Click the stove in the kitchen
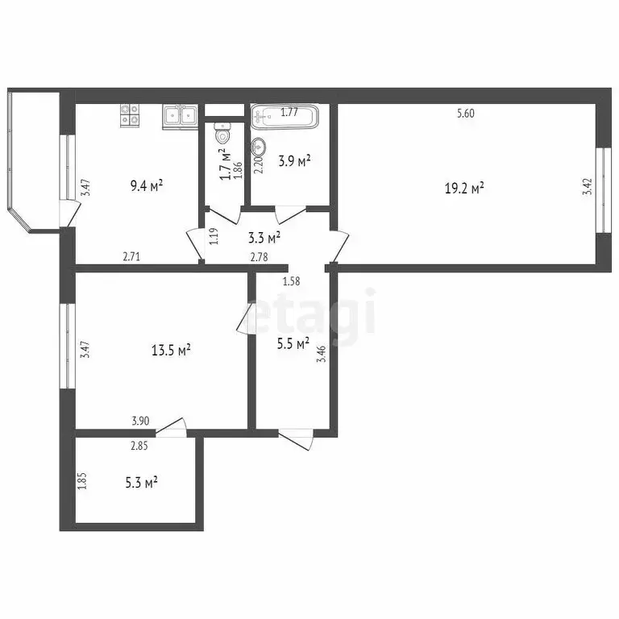(x=129, y=115)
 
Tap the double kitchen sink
(x=180, y=117)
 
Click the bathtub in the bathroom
(x=285, y=117)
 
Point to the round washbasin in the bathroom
(x=259, y=147)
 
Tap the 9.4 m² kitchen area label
(x=147, y=185)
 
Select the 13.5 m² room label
(x=171, y=350)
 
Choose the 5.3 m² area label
(x=141, y=482)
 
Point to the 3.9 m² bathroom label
(x=294, y=161)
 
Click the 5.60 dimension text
(x=466, y=114)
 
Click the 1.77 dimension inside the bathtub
(x=289, y=112)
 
